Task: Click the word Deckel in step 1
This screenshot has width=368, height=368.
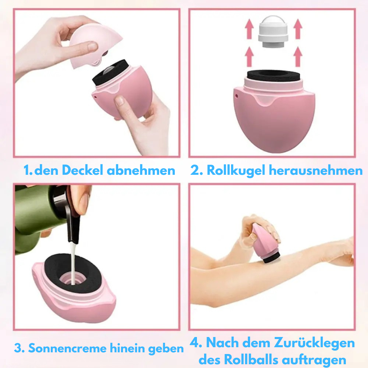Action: [82, 170]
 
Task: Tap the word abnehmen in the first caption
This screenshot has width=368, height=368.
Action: [141, 170]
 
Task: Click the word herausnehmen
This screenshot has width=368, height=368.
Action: [316, 170]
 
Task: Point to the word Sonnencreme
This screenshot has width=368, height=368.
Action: [67, 348]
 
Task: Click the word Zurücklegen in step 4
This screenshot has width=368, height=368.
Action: [314, 343]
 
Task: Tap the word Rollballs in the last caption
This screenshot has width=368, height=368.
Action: [251, 359]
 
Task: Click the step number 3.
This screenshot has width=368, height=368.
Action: [19, 348]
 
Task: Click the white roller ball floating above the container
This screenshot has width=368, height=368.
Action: [273, 31]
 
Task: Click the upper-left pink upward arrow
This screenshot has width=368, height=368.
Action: [249, 29]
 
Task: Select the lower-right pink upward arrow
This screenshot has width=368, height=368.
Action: [298, 57]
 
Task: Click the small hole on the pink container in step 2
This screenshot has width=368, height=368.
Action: [236, 96]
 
